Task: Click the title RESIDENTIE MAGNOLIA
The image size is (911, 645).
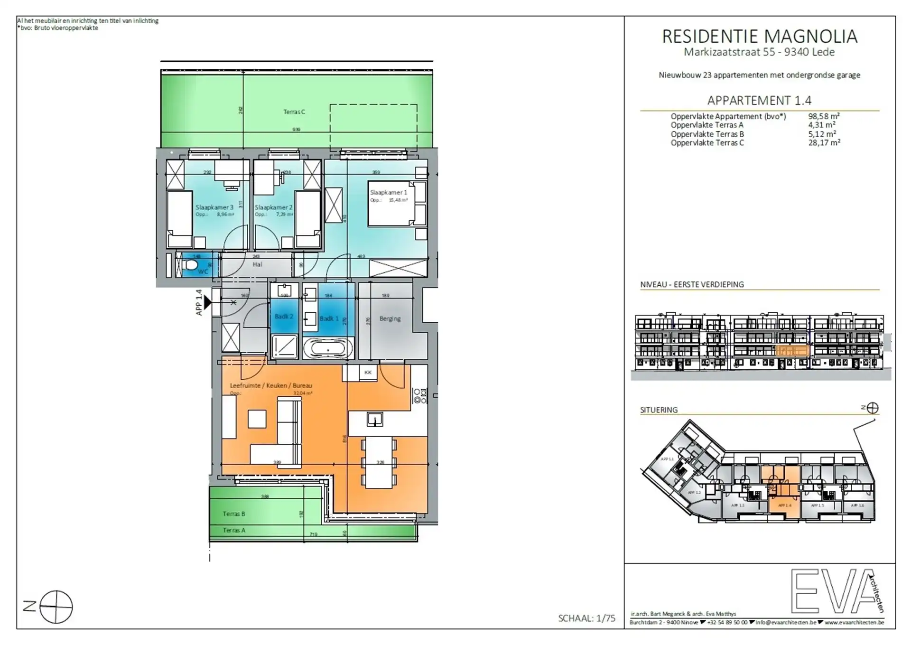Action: pos(759,37)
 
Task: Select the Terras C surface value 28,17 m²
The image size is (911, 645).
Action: pos(824,142)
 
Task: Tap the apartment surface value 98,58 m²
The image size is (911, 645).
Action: pos(824,116)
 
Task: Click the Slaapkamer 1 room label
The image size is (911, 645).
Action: pos(388,192)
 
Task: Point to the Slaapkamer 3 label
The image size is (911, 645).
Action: pos(214,207)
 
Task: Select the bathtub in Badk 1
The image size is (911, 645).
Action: pos(328,348)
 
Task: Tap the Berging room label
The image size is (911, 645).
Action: pos(390,318)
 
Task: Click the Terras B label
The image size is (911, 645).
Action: pos(234,514)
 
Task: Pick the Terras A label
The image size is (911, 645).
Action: pos(234,530)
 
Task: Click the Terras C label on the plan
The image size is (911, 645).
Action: pos(294,112)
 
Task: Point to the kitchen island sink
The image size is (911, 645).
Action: pos(374,419)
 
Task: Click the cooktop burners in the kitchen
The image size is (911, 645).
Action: pos(420,396)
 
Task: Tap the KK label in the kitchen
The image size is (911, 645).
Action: pos(368,373)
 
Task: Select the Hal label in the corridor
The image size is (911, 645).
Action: pos(257,264)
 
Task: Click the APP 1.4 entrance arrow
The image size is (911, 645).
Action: pos(207,302)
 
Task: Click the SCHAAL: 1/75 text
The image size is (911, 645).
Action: pos(586,618)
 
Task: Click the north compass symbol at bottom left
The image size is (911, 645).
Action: pos(56,607)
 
